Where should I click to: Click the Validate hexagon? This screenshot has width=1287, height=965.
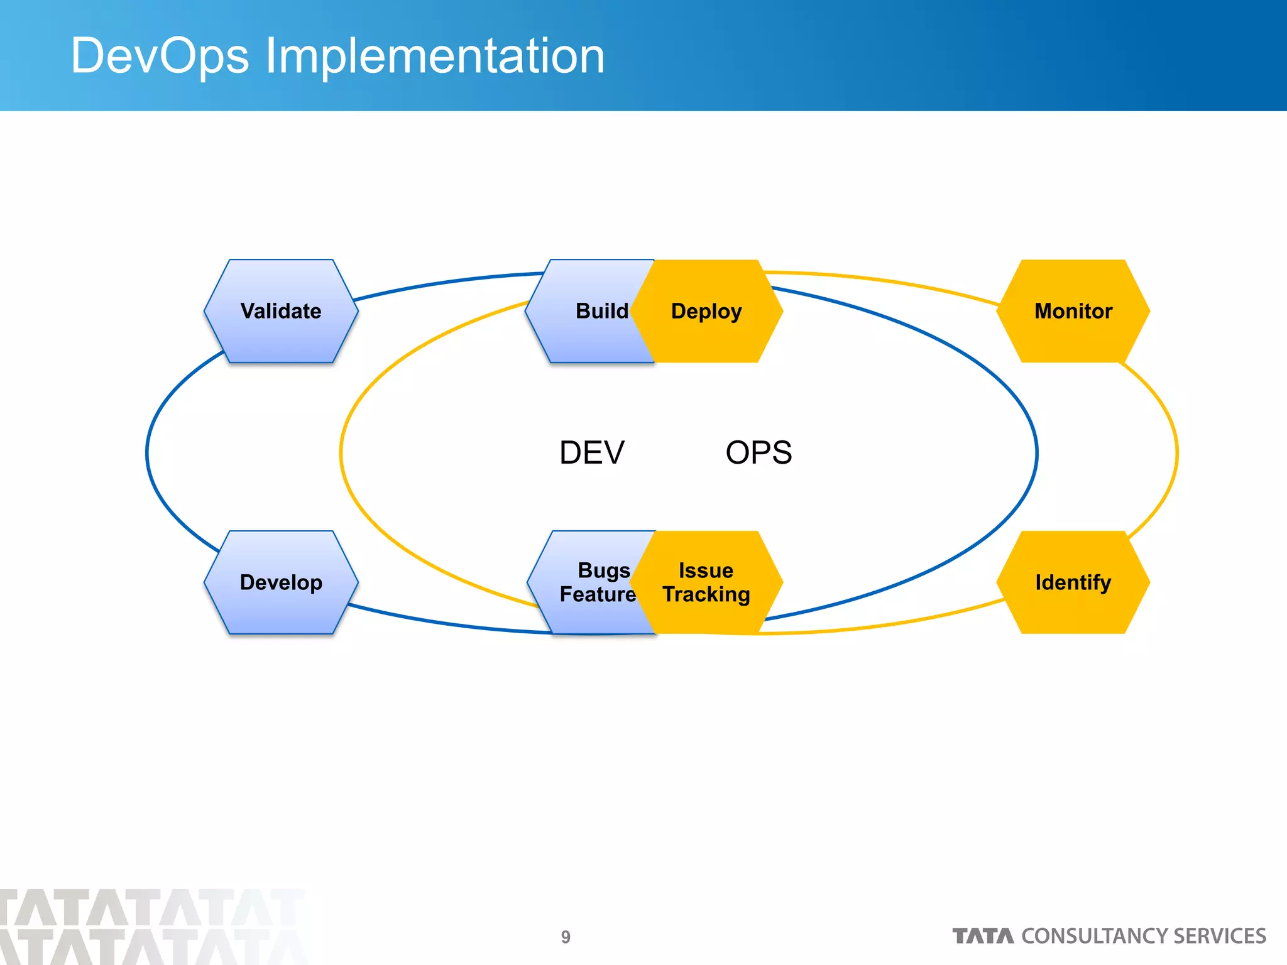[281, 311]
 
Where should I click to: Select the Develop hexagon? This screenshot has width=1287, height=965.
[281, 582]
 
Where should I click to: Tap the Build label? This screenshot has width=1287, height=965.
[601, 311]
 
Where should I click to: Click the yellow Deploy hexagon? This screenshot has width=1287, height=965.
[706, 311]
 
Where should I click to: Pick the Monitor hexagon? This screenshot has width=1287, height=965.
[1073, 311]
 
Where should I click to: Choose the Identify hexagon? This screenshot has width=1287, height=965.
[1073, 582]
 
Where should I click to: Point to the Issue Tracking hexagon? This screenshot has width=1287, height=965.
[706, 582]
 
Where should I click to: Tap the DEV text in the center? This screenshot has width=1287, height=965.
[592, 453]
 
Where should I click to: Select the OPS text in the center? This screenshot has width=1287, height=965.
[759, 453]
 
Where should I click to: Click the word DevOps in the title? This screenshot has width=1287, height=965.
[160, 57]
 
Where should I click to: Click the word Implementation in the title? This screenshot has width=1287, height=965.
[435, 57]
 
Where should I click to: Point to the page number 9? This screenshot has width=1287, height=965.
[566, 937]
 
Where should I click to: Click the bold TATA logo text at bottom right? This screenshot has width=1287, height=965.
[983, 936]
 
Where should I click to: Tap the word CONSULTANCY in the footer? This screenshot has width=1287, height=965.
[1095, 936]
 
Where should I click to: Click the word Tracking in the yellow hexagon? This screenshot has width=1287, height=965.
[706, 594]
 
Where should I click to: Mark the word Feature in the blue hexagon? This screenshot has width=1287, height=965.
[598, 594]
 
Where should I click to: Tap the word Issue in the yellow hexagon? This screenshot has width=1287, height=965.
[706, 570]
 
